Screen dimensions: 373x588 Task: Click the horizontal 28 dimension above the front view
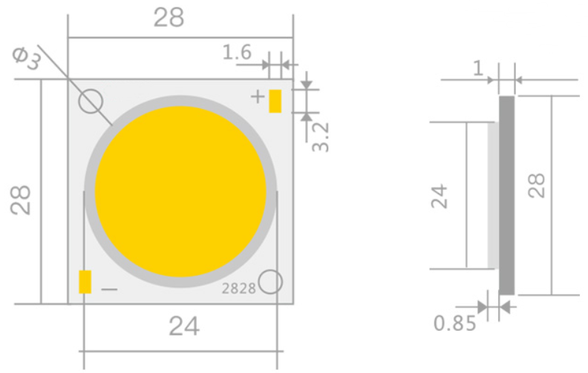[169, 18]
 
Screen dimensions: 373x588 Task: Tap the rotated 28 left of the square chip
[22, 199]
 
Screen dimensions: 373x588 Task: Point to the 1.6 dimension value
[237, 53]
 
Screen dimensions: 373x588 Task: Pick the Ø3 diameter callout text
[27, 59]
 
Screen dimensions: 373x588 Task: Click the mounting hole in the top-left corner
[92, 102]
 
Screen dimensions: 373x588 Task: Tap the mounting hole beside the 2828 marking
[272, 281]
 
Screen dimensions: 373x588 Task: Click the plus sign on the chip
[257, 96]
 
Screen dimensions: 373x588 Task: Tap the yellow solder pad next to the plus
[275, 101]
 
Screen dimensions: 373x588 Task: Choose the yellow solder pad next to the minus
[85, 283]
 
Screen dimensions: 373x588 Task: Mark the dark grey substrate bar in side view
[507, 195]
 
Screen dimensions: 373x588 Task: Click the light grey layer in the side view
[493, 195]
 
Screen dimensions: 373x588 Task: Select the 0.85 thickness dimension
[455, 323]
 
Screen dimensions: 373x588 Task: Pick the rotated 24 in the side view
[441, 197]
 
